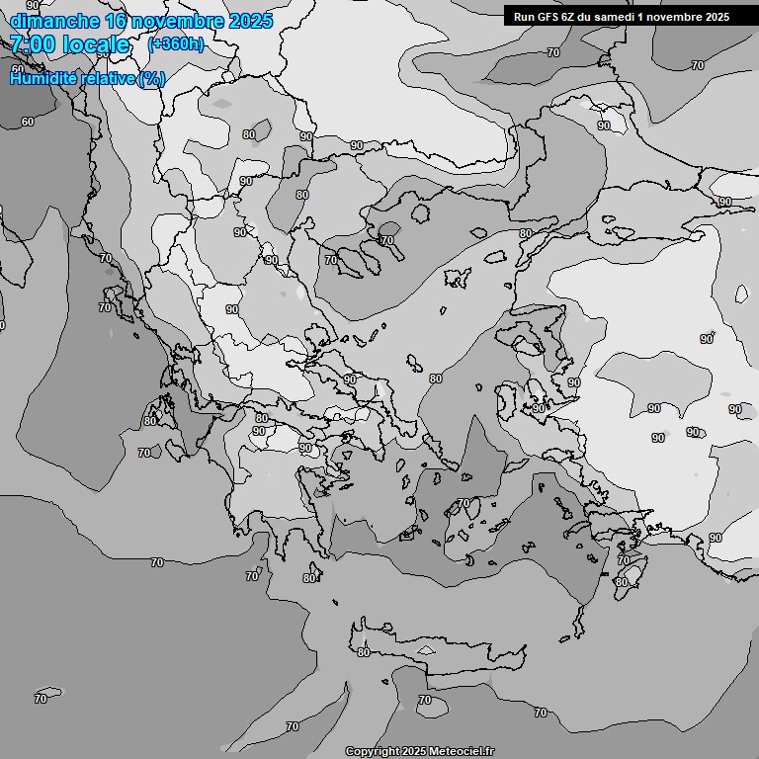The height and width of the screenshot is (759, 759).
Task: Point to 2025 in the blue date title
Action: (x=251, y=21)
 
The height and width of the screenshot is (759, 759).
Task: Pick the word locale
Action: (x=96, y=44)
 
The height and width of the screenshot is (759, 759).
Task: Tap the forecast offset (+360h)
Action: (x=176, y=43)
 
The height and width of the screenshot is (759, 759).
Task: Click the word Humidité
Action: (x=44, y=78)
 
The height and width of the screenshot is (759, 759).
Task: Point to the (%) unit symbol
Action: (x=152, y=78)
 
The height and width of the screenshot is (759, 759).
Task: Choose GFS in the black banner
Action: (x=549, y=16)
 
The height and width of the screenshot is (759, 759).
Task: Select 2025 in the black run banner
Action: (x=717, y=16)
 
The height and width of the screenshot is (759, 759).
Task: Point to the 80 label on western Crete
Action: (x=364, y=652)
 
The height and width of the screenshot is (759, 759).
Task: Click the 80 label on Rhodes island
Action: (x=621, y=582)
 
